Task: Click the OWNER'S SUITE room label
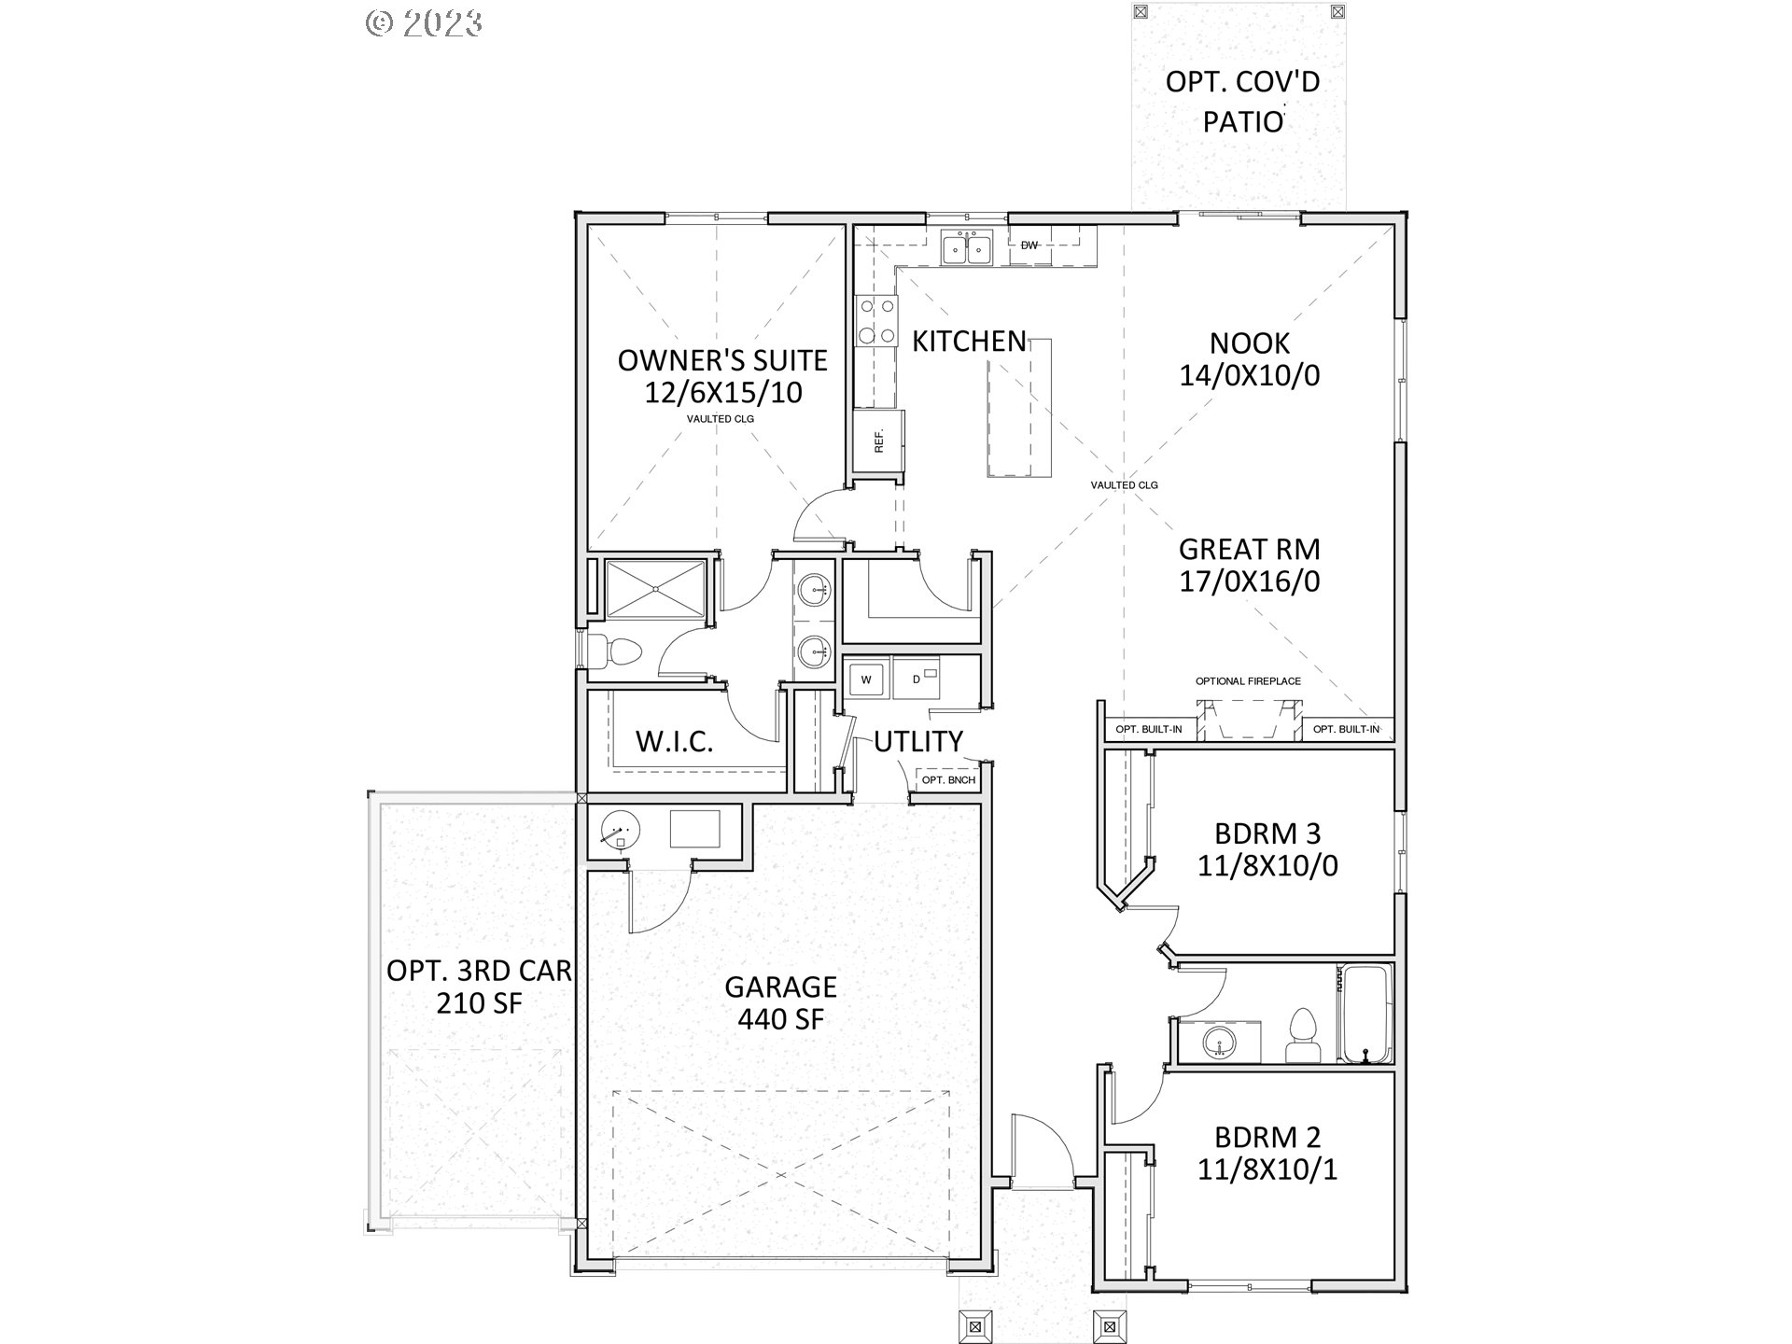pos(722,360)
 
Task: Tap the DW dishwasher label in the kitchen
pos(1029,245)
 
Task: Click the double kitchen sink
pos(966,249)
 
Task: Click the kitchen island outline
pos(1019,409)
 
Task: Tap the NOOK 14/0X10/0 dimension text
pos(1249,375)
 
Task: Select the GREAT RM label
pos(1249,549)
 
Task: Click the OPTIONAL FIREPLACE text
pos(1248,681)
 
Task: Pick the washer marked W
pos(866,679)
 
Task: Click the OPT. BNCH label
pos(948,780)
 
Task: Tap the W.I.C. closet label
pos(674,742)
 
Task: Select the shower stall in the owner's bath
pos(656,588)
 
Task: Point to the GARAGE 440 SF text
pos(780,1002)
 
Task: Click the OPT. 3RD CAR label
pos(479,971)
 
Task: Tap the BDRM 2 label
pos(1267,1137)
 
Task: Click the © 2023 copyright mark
pos(424,21)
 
